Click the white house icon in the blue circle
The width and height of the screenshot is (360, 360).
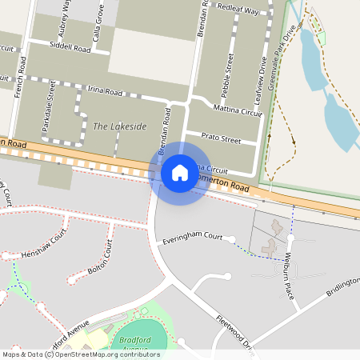[x=179, y=173]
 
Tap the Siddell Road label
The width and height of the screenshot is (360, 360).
[x=70, y=47]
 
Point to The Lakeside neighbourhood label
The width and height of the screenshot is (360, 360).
[x=120, y=126]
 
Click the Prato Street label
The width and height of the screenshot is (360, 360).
[x=221, y=138]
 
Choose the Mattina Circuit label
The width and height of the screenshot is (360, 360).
[x=238, y=110]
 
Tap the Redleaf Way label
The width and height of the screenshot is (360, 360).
[x=238, y=12]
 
